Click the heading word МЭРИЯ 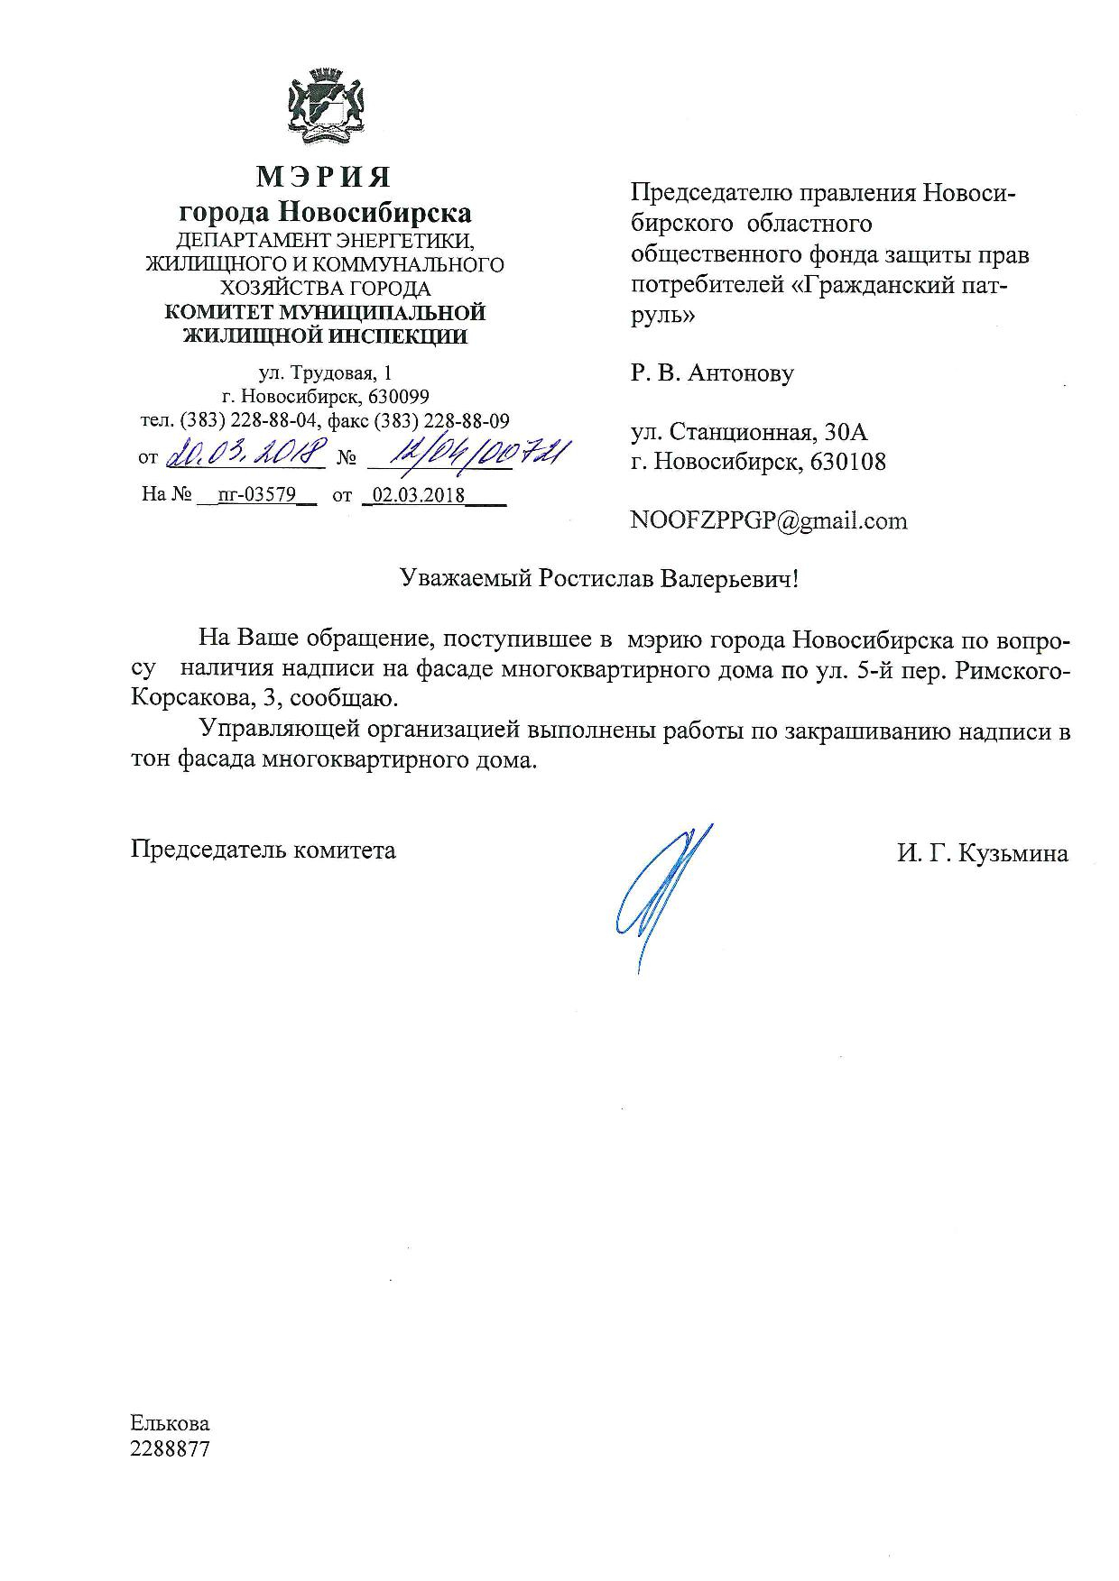[x=324, y=177]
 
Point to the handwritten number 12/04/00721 [x=468, y=454]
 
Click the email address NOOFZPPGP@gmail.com [x=769, y=520]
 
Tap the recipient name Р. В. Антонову [x=712, y=372]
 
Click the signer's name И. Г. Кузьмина [x=982, y=853]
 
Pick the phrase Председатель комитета [x=264, y=850]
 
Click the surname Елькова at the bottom [x=170, y=1423]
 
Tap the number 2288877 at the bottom [x=170, y=1449]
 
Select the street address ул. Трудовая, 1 [x=325, y=372]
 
